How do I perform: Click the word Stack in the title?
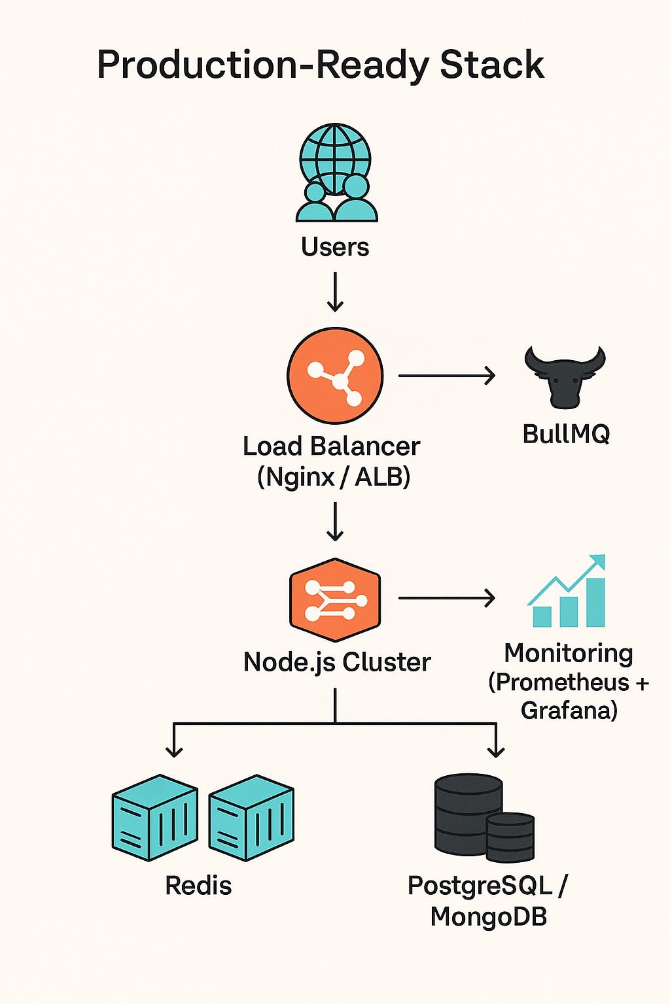point(491,65)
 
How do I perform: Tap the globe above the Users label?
point(335,157)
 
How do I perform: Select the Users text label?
point(335,247)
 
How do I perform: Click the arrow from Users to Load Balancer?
point(335,292)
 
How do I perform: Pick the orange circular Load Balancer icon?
point(335,376)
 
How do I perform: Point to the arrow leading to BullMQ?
point(446,376)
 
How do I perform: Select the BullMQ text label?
point(566,434)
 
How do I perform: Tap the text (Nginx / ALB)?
point(334,477)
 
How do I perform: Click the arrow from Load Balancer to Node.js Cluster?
point(335,522)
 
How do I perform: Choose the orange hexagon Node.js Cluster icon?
point(335,599)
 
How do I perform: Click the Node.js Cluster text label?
point(337,662)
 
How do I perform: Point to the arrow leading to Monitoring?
point(446,597)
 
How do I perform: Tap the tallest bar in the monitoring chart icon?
point(595,601)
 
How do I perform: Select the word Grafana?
point(569,710)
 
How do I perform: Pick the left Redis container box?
point(154,818)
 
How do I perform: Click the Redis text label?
point(198,886)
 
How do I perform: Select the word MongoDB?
point(488,916)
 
